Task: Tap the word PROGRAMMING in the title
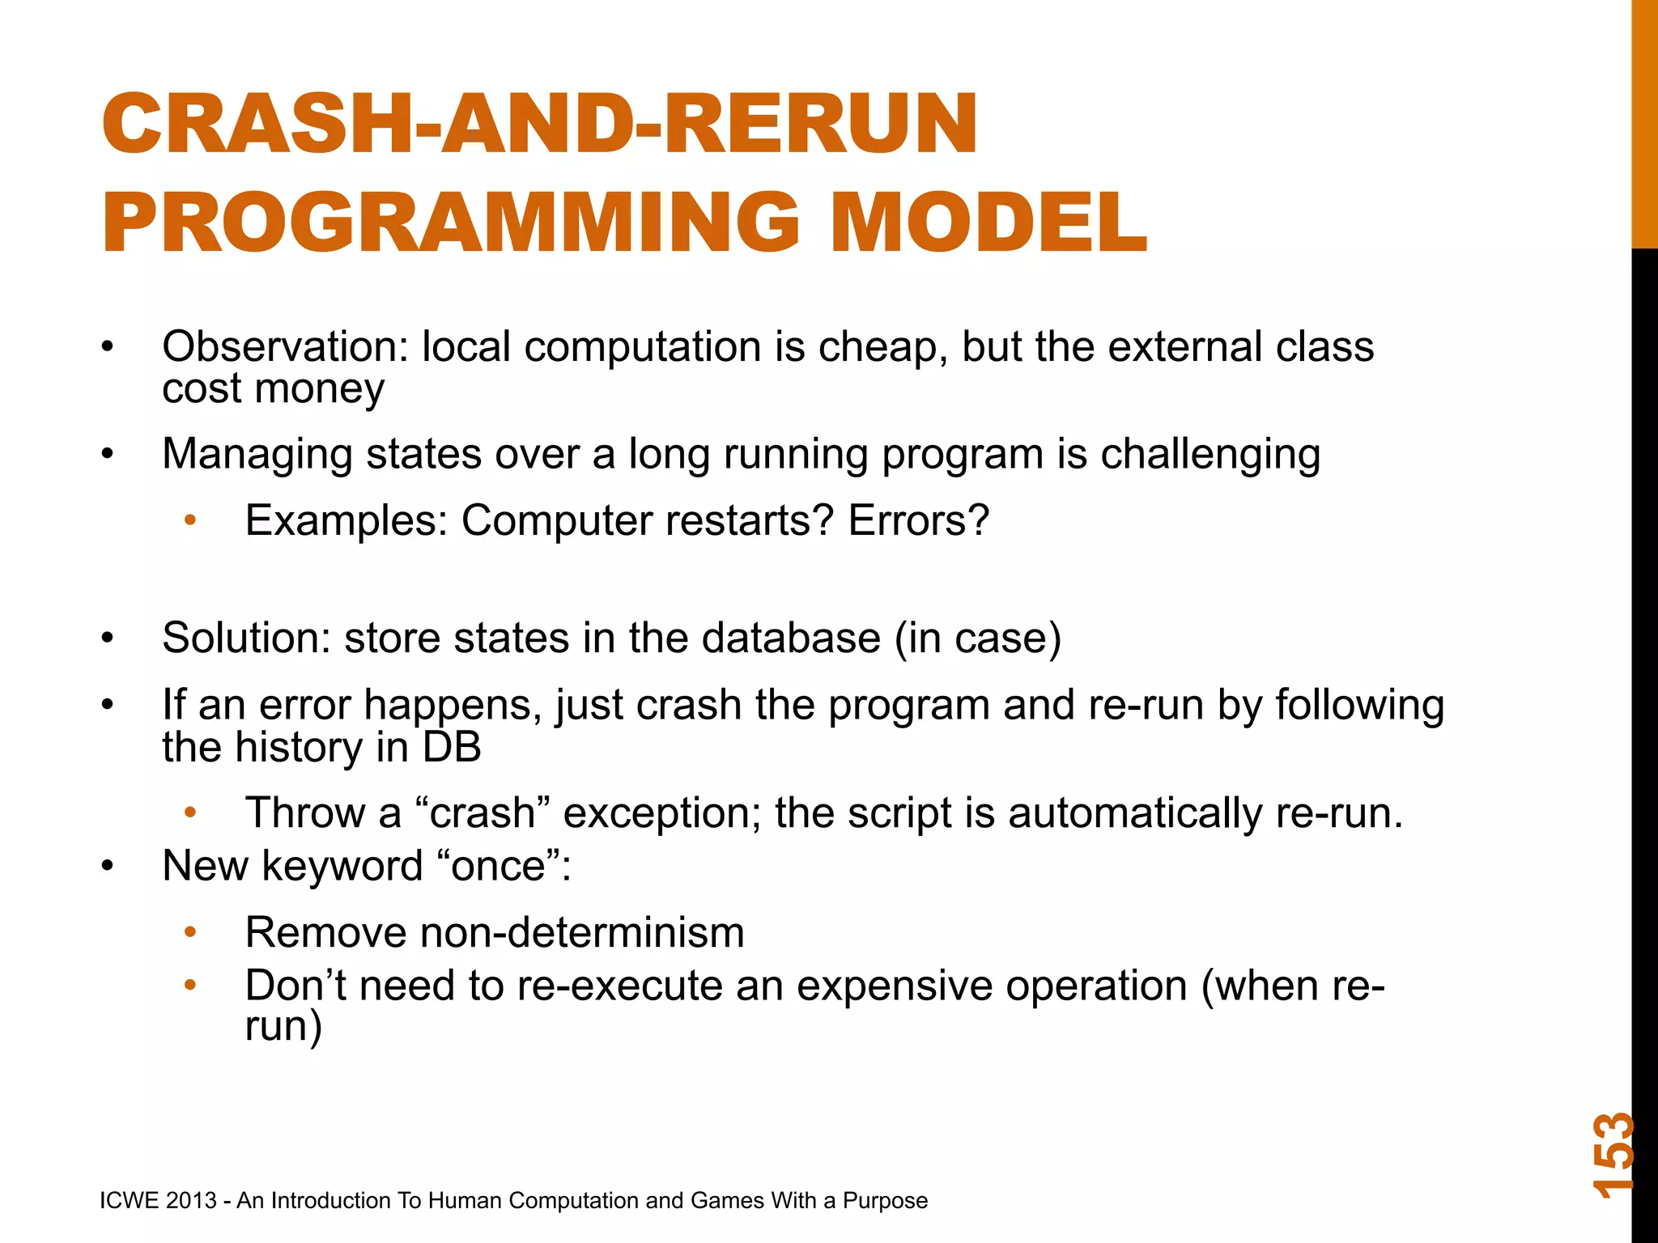pos(450,223)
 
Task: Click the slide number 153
pos(1613,1156)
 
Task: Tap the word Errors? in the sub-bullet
pos(918,520)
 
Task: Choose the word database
pos(791,638)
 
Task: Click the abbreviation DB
pos(451,747)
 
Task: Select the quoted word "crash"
pos(482,813)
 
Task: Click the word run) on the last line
pos(283,1027)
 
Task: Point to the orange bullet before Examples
pos(190,520)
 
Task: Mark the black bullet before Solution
pos(108,638)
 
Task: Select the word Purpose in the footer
pos(885,1201)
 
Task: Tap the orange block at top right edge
pos(1644,121)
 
